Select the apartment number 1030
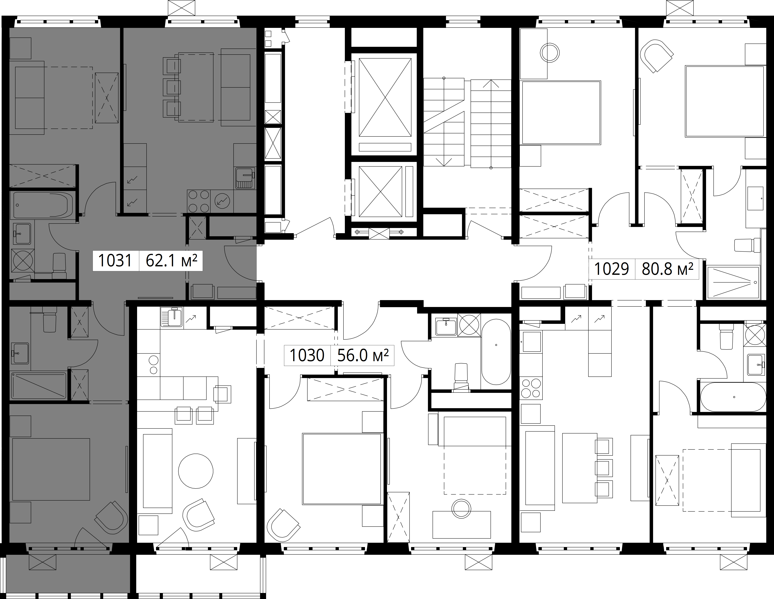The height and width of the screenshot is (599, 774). (307, 355)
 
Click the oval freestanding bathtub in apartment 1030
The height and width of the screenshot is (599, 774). (496, 352)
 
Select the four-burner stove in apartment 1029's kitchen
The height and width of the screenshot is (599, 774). (531, 389)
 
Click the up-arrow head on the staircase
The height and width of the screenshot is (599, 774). (491, 84)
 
